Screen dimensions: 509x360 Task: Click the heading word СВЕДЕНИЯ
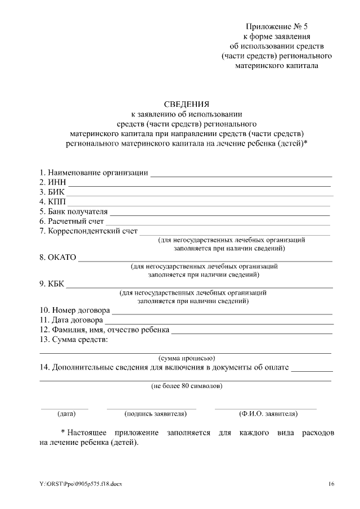click(187, 104)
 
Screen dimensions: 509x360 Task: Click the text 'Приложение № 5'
click(278, 27)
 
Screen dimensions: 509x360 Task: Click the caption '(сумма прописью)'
click(187, 358)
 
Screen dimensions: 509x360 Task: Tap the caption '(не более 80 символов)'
click(186, 386)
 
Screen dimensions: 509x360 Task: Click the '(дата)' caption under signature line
click(66, 414)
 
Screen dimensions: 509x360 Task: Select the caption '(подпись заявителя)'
click(155, 414)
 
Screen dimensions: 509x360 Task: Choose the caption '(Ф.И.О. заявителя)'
click(268, 414)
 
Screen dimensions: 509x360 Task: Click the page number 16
click(331, 484)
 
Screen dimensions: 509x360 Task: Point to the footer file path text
click(80, 484)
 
